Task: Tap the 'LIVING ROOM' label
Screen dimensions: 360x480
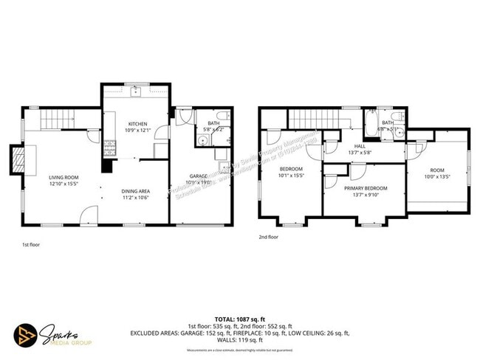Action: point(64,178)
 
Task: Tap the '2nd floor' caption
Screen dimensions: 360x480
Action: point(269,238)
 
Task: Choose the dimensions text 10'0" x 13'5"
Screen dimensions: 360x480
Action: point(437,178)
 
